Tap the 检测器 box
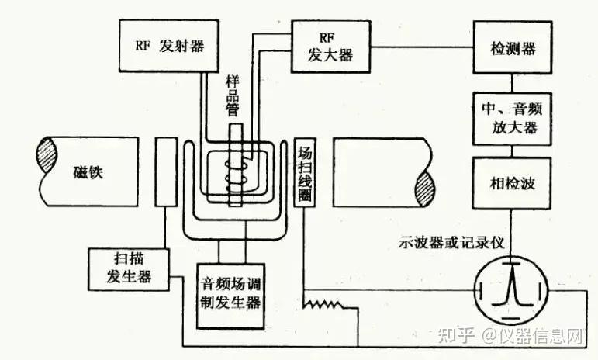[512, 48]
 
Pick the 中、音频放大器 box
[512, 117]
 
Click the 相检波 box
[512, 184]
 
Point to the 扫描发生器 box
[128, 268]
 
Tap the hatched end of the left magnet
[43, 162]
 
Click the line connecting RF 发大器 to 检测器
[423, 47]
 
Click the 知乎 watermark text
[453, 335]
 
